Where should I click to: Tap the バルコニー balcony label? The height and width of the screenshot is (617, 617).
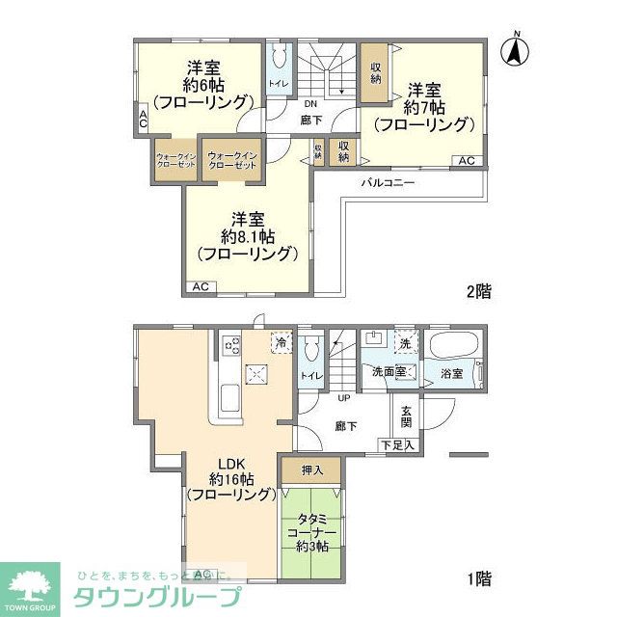tap(388, 182)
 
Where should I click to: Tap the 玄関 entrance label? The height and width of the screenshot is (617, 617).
tap(407, 416)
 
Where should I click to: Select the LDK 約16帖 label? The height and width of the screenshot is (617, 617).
tap(231, 478)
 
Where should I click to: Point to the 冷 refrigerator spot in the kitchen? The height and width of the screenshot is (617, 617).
tap(281, 341)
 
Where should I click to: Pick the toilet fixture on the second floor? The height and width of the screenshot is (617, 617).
tap(279, 57)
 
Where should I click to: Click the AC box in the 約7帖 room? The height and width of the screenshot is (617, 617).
tap(466, 161)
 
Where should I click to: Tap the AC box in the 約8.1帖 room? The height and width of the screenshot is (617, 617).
tap(201, 287)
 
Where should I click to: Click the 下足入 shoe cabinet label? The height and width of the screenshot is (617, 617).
tap(397, 444)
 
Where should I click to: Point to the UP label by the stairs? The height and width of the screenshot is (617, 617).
tap(343, 397)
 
